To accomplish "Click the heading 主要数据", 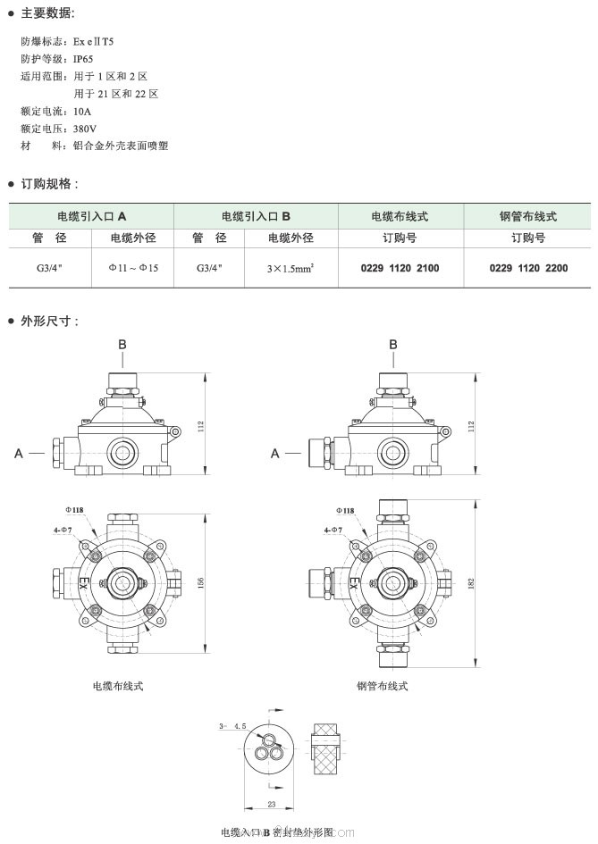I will (x=48, y=13).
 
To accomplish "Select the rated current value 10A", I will (x=82, y=112).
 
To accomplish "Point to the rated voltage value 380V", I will (x=86, y=129).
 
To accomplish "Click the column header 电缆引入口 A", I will (x=92, y=217).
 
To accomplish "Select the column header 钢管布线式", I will (x=527, y=217).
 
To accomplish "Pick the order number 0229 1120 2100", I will (x=400, y=267).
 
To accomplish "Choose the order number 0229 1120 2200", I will (x=527, y=267).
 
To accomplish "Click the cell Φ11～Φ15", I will (x=133, y=267).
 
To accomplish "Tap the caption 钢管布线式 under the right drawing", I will (x=382, y=686).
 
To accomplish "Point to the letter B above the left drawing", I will (x=123, y=344).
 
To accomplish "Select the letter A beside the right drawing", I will (x=276, y=454).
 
